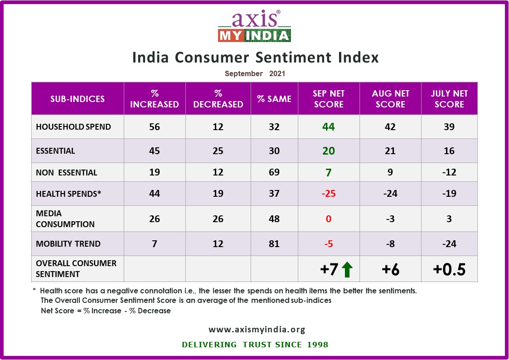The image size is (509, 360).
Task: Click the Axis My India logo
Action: pos(254,26)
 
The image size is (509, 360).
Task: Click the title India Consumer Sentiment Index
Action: pos(255,58)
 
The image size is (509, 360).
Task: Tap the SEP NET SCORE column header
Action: pos(329,99)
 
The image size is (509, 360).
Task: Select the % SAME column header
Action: pos(274,99)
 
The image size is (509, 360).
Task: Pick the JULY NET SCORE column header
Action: pos(449,99)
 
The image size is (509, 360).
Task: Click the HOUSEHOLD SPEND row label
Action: pos(73,127)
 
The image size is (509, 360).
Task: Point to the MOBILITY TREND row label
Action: pos(68,244)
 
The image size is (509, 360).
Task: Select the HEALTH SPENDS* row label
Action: pos(68,194)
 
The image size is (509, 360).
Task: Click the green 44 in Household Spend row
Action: pos(329,127)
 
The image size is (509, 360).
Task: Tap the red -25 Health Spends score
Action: pos(329,194)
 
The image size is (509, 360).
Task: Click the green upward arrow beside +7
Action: pos(347,269)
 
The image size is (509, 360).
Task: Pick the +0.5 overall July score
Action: pos(449,269)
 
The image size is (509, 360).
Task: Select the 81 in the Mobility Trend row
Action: pos(274,244)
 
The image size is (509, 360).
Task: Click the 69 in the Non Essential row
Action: pos(274,172)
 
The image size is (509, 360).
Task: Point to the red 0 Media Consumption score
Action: pos(329,219)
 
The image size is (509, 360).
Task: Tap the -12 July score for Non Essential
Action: pos(449,172)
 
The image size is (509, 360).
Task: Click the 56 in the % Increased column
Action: pos(155,127)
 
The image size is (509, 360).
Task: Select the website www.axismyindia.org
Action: pos(257,330)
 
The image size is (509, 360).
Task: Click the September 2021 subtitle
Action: pos(255,73)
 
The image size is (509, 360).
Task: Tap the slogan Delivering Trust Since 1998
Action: pos(255,345)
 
